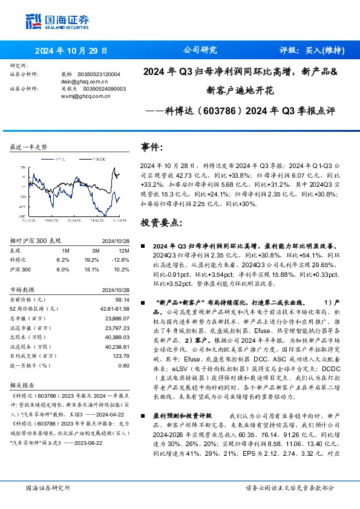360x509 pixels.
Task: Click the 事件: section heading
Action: [152, 147]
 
